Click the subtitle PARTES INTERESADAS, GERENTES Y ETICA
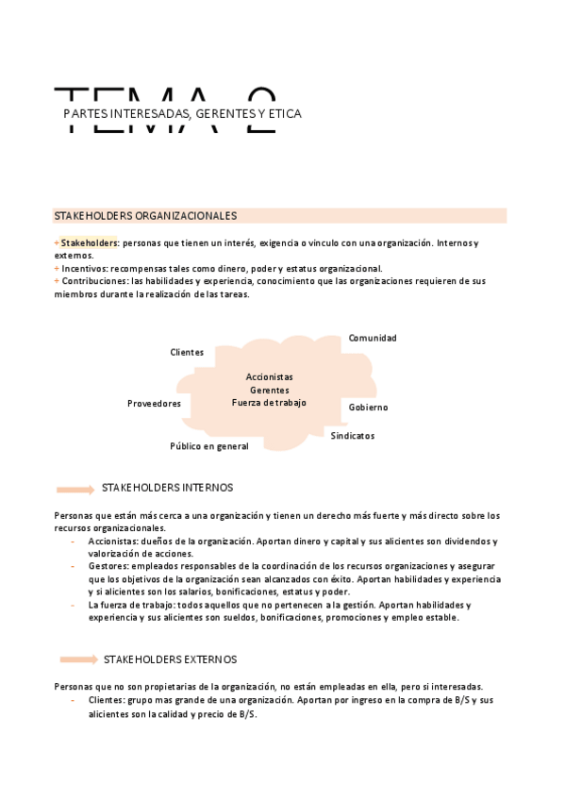pyautogui.click(x=182, y=114)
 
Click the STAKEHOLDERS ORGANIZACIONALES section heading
pyautogui.click(x=145, y=216)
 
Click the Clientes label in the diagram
pyautogui.click(x=187, y=353)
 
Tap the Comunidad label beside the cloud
pyautogui.click(x=373, y=338)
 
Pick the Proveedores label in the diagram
pyautogui.click(x=154, y=404)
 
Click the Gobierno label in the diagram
pyautogui.click(x=368, y=408)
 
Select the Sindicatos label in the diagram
pyautogui.click(x=352, y=436)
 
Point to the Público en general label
pyautogui.click(x=209, y=446)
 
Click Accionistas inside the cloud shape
pyautogui.click(x=269, y=376)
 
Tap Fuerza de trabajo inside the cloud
pyautogui.click(x=269, y=403)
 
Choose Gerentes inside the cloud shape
pyautogui.click(x=269, y=390)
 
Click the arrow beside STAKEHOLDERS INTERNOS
pyautogui.click(x=75, y=489)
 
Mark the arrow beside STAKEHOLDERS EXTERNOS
pyautogui.click(x=78, y=659)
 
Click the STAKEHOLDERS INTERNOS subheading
pyautogui.click(x=167, y=488)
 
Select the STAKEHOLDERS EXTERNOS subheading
pyautogui.click(x=170, y=659)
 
